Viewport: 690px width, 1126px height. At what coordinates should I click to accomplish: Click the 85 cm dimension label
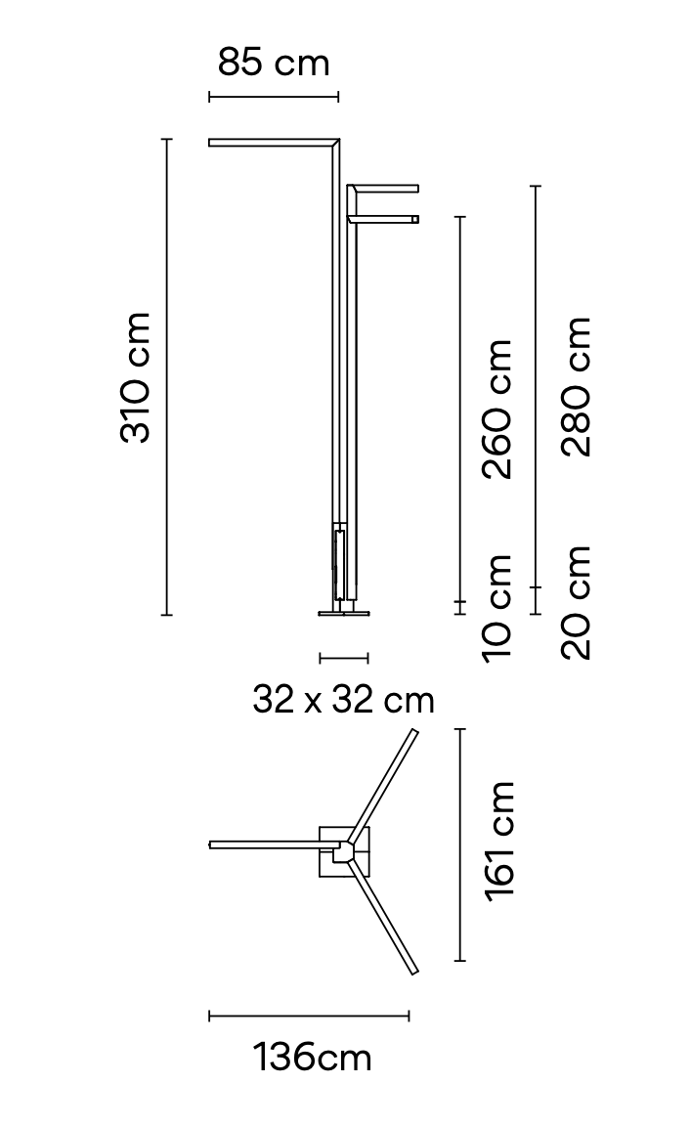(274, 64)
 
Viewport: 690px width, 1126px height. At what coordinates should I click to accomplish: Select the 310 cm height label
(136, 377)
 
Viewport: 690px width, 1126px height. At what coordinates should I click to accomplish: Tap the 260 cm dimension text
(498, 409)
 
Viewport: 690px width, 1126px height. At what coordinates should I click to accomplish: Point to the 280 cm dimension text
(578, 386)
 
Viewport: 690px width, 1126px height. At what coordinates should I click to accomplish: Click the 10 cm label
(498, 607)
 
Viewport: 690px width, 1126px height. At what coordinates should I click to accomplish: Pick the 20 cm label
(578, 602)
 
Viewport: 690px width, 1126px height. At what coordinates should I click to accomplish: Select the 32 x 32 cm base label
(343, 700)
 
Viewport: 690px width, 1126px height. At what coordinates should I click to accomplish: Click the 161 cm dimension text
(499, 841)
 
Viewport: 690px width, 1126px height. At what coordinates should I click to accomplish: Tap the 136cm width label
(313, 1058)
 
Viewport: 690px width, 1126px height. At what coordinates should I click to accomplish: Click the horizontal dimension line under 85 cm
(274, 96)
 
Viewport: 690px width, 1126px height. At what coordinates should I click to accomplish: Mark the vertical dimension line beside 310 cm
(167, 377)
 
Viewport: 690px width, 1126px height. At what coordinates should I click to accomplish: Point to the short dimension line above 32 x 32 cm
(343, 658)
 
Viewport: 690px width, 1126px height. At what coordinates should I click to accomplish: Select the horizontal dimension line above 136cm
(309, 1017)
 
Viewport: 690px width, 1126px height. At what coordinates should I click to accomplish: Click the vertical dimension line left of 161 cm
(460, 844)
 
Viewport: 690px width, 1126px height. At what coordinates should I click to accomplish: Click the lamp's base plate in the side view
(344, 612)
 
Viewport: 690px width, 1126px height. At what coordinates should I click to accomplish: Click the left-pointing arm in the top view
(269, 844)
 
